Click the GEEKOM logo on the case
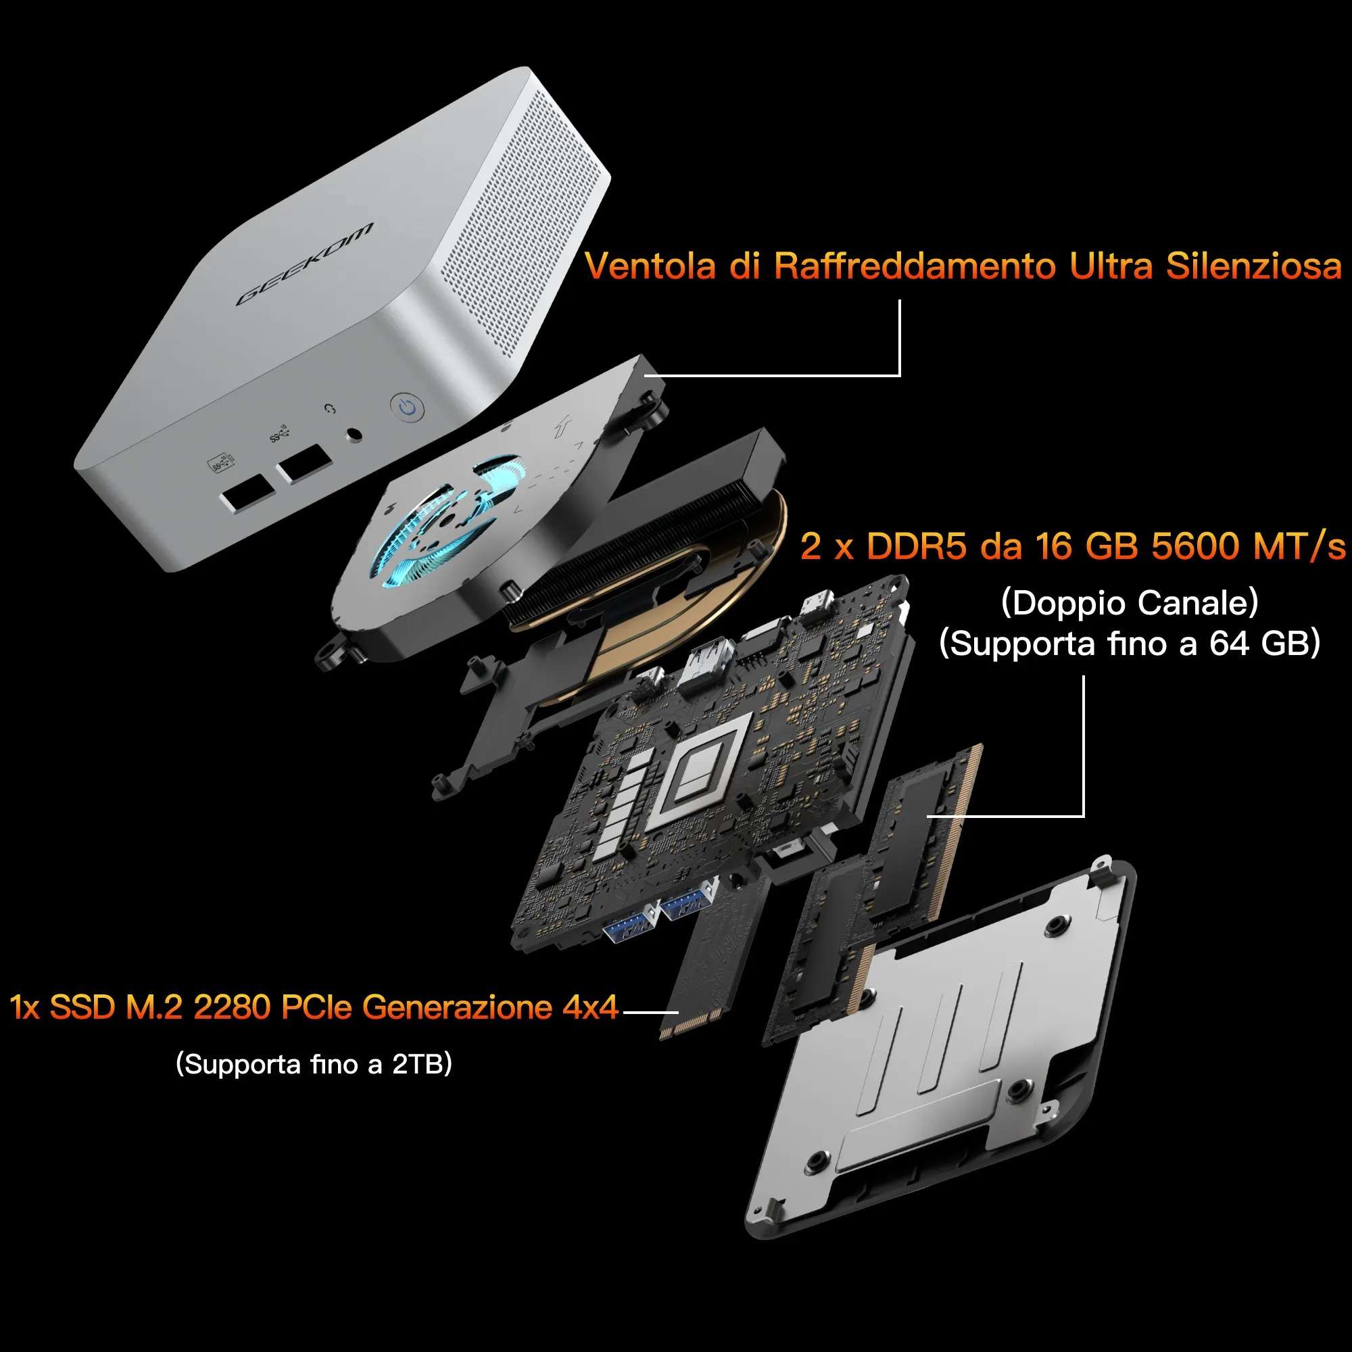click(304, 264)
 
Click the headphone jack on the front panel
click(355, 435)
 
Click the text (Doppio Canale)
click(1130, 603)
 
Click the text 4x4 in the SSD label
click(591, 1007)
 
